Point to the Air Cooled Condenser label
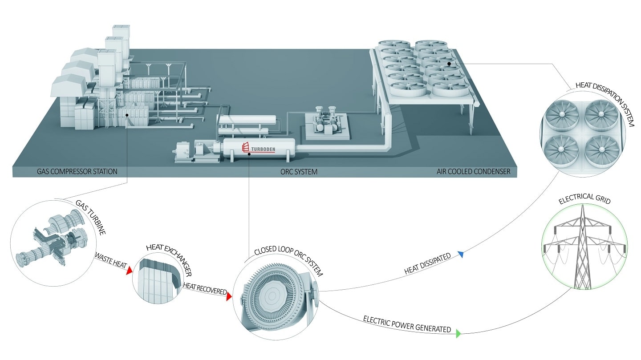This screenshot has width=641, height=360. pos(474,171)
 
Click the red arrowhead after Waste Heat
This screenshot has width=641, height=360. pos(129,271)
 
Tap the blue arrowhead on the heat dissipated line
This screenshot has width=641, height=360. pos(461,255)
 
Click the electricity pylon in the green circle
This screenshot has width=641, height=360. pos(583,249)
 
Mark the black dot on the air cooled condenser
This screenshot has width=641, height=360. pos(449,64)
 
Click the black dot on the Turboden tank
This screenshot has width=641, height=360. pos(249,154)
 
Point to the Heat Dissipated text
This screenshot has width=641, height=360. pos(427,264)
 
